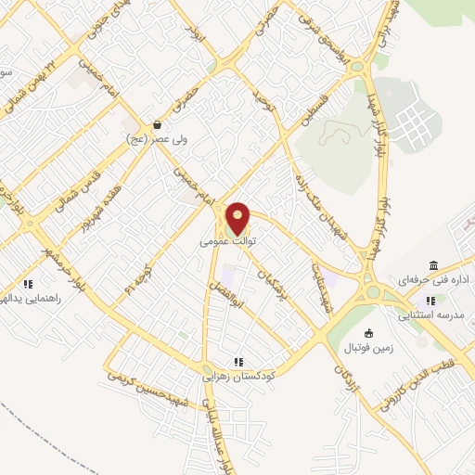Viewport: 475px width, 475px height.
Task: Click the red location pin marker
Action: [238, 218]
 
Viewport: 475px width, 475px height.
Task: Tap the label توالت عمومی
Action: [227, 240]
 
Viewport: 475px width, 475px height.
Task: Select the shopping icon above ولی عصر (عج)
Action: [157, 124]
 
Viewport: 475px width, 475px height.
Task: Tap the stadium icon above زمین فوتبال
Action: [369, 334]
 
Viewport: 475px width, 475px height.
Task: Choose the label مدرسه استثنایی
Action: [430, 315]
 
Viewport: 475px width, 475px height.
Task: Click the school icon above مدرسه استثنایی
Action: [430, 301]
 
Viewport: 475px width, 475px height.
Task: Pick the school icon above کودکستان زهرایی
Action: [238, 362]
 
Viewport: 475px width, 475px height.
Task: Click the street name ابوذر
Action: [192, 34]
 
